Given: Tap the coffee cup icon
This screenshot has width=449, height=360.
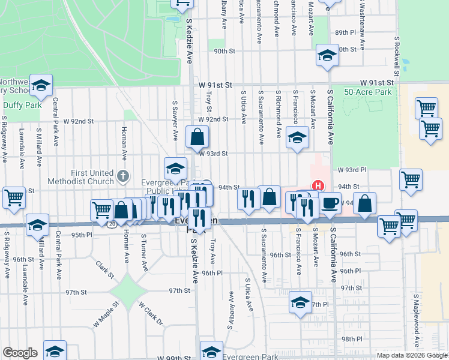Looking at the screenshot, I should click(330, 203).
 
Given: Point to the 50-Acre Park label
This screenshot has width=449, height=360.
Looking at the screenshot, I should click(368, 92).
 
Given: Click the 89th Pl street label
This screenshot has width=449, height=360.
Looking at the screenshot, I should click(346, 32).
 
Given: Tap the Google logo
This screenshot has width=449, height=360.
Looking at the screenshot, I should click(20, 353).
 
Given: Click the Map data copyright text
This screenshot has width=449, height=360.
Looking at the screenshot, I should click(411, 355).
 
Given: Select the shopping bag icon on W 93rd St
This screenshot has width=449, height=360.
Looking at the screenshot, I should click(197, 138).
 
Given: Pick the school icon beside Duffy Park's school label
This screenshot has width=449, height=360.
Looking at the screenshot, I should click(41, 86).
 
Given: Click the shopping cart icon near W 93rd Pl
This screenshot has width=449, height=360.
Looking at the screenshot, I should click(411, 179).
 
